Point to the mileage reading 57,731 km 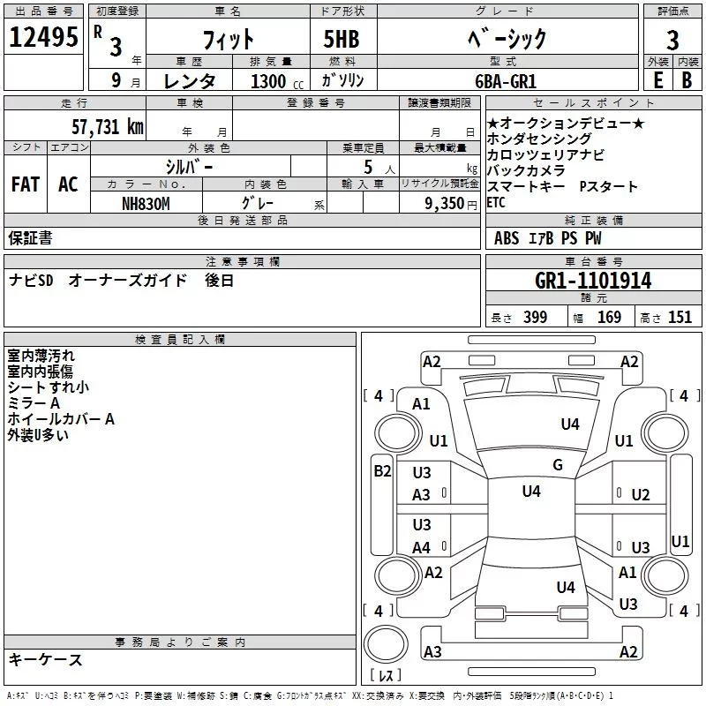point(107,127)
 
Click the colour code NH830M point(146,203)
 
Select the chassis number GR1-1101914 point(593,281)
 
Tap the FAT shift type point(26,184)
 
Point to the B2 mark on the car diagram point(382,470)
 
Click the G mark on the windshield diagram point(557,465)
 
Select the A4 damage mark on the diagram point(422,548)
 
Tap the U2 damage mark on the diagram point(641,495)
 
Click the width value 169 point(609,318)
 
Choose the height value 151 point(680,318)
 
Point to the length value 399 point(535,318)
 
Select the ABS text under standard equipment point(507,238)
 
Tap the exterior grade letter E point(657,80)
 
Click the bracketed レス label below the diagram point(386,675)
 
